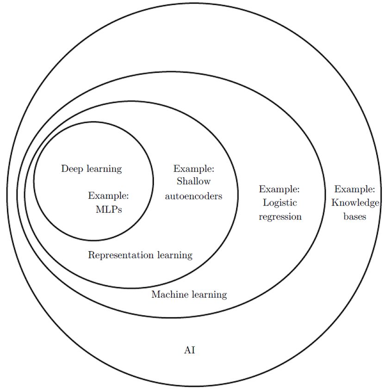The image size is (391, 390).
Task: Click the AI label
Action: pos(190,350)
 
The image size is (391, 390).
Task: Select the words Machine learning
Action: pos(189,295)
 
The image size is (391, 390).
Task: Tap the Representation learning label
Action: pos(140,255)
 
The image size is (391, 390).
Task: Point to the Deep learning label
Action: pos(92,169)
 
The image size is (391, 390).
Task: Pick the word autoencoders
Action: pos(194,196)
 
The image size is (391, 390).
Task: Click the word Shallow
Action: pos(193,182)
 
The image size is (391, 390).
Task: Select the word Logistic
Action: pos(280,203)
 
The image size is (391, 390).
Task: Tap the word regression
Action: pos(280,216)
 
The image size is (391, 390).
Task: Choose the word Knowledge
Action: pos(355,203)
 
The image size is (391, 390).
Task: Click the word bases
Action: pos(355,216)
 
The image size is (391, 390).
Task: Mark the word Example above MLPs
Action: pos(108,196)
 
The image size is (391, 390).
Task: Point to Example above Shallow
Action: pos(194,169)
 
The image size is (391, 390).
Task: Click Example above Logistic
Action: pos(279,189)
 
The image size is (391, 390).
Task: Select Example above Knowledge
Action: pos(355,189)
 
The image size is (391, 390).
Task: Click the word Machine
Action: pos(168,295)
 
